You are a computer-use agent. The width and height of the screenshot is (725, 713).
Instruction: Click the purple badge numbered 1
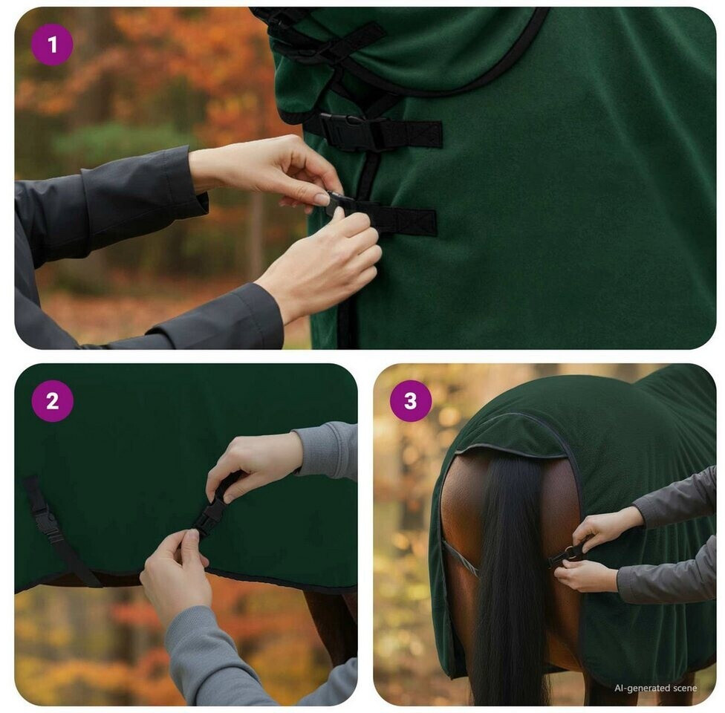pyautogui.click(x=52, y=45)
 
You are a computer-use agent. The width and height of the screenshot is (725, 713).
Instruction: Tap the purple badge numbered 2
pyautogui.click(x=52, y=401)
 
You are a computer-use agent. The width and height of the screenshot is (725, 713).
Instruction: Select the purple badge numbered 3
pyautogui.click(x=411, y=401)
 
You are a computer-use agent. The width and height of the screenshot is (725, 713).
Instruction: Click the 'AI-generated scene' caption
pyautogui.click(x=655, y=688)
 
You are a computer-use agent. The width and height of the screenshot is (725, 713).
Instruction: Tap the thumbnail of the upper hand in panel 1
pyautogui.click(x=322, y=199)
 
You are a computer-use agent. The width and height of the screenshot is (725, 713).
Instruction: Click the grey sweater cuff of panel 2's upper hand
pyautogui.click(x=326, y=451)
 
